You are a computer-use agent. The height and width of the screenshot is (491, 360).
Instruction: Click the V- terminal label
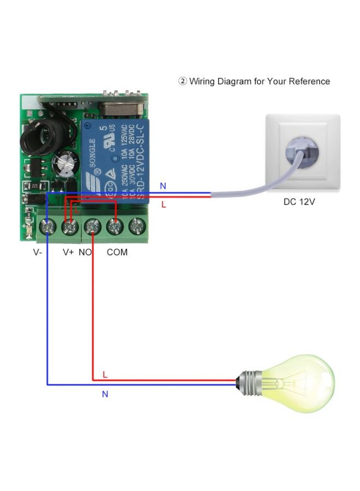click(x=38, y=252)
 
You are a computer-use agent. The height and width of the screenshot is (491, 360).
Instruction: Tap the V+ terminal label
click(x=68, y=252)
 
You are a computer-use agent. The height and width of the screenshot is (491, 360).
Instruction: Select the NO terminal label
click(x=85, y=252)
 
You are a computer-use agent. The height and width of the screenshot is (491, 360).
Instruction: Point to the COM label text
click(x=117, y=252)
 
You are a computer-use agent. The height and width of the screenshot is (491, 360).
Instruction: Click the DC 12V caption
click(x=299, y=202)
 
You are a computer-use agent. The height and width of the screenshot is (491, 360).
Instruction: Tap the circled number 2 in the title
click(x=183, y=81)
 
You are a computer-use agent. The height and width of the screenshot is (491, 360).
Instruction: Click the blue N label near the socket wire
click(x=163, y=186)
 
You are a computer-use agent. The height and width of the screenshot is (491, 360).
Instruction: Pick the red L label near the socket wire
click(x=164, y=205)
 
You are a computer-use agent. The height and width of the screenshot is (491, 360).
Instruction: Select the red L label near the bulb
click(x=105, y=374)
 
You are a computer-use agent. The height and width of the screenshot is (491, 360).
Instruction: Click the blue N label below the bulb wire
click(x=105, y=394)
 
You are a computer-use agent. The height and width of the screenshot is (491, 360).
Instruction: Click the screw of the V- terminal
click(x=48, y=225)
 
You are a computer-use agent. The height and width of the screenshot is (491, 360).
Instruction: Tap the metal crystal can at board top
click(x=119, y=107)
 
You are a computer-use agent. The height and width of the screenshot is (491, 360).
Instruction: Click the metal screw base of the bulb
click(x=248, y=380)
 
